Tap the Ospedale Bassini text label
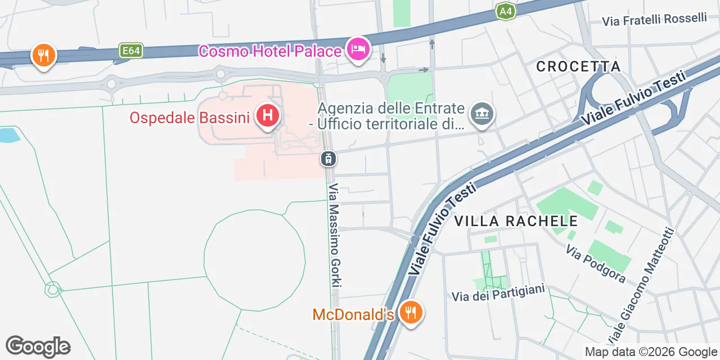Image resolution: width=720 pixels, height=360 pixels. pos(190,118)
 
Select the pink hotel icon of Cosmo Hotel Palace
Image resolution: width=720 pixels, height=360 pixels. pos(358,49)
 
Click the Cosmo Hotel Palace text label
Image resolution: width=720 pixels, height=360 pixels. pos(270,51)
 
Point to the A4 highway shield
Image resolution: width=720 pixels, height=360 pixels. pos(505,11)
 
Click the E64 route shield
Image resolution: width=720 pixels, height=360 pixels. pos(131,51)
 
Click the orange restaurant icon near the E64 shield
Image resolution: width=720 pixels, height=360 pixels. pos(43,55)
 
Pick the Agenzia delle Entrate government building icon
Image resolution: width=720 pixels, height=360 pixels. pos(481,114)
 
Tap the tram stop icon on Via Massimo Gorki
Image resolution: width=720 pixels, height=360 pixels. pos(328,159)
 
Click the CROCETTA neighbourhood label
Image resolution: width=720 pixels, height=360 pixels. pos(578,66)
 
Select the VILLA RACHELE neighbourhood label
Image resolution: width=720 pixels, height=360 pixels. pos(516,221)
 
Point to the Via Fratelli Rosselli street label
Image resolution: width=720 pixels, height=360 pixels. pos(654,20)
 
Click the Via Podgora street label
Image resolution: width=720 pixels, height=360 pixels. pos(596,264)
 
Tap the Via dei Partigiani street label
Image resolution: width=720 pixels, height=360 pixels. pos(499,292)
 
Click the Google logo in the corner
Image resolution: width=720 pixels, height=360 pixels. pos(38,346)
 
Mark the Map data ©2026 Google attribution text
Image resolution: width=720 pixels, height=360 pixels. pos(650,352)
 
